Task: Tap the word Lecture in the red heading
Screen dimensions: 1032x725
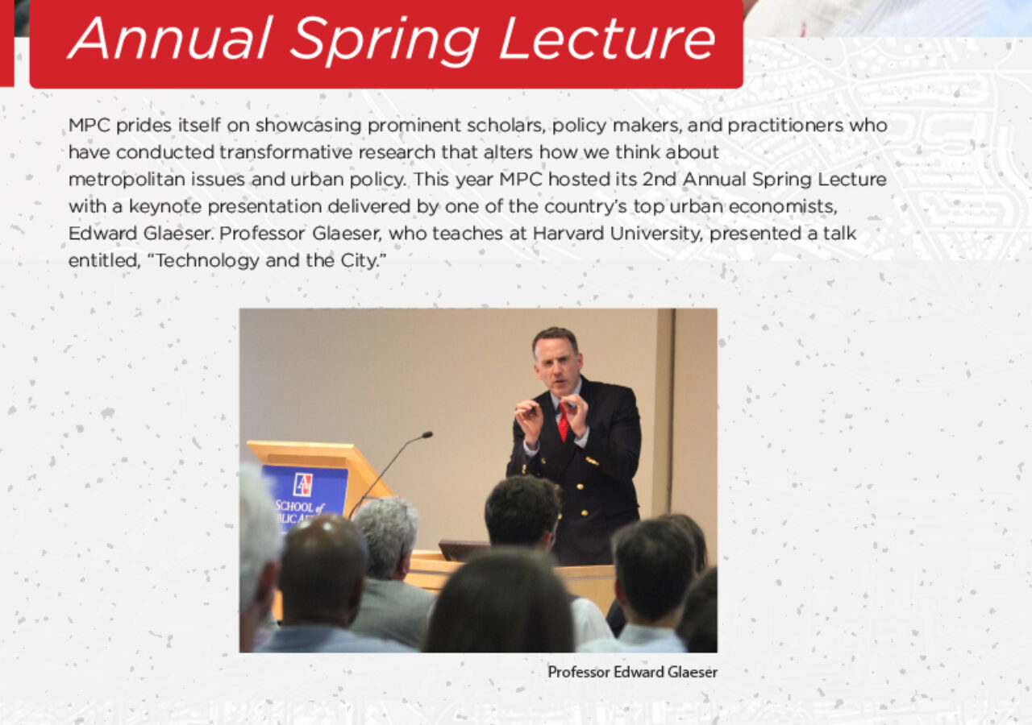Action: click(x=607, y=39)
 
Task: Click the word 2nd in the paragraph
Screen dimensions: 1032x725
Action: click(x=660, y=179)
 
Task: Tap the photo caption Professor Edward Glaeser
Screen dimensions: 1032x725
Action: click(x=632, y=672)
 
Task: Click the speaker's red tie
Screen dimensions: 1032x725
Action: click(x=563, y=423)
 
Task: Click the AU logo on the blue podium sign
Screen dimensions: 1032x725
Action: click(x=302, y=485)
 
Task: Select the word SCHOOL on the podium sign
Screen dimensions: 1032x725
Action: click(x=295, y=507)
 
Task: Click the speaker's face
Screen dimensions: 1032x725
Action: click(x=557, y=368)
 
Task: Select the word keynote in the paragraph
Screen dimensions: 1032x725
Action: click(x=165, y=207)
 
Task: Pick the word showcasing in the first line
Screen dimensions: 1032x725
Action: click(x=308, y=126)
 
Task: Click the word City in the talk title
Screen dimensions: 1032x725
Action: click(x=361, y=261)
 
